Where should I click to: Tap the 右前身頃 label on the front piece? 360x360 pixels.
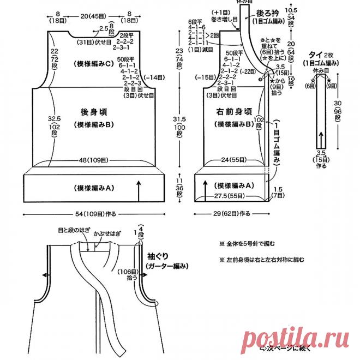pos(233,111)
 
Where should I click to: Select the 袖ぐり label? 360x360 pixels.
pos(158,255)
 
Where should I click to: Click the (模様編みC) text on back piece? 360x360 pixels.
pos(92,64)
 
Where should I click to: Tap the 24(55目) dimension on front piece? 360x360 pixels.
pos(233,160)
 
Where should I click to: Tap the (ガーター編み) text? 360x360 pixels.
pos(167,266)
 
